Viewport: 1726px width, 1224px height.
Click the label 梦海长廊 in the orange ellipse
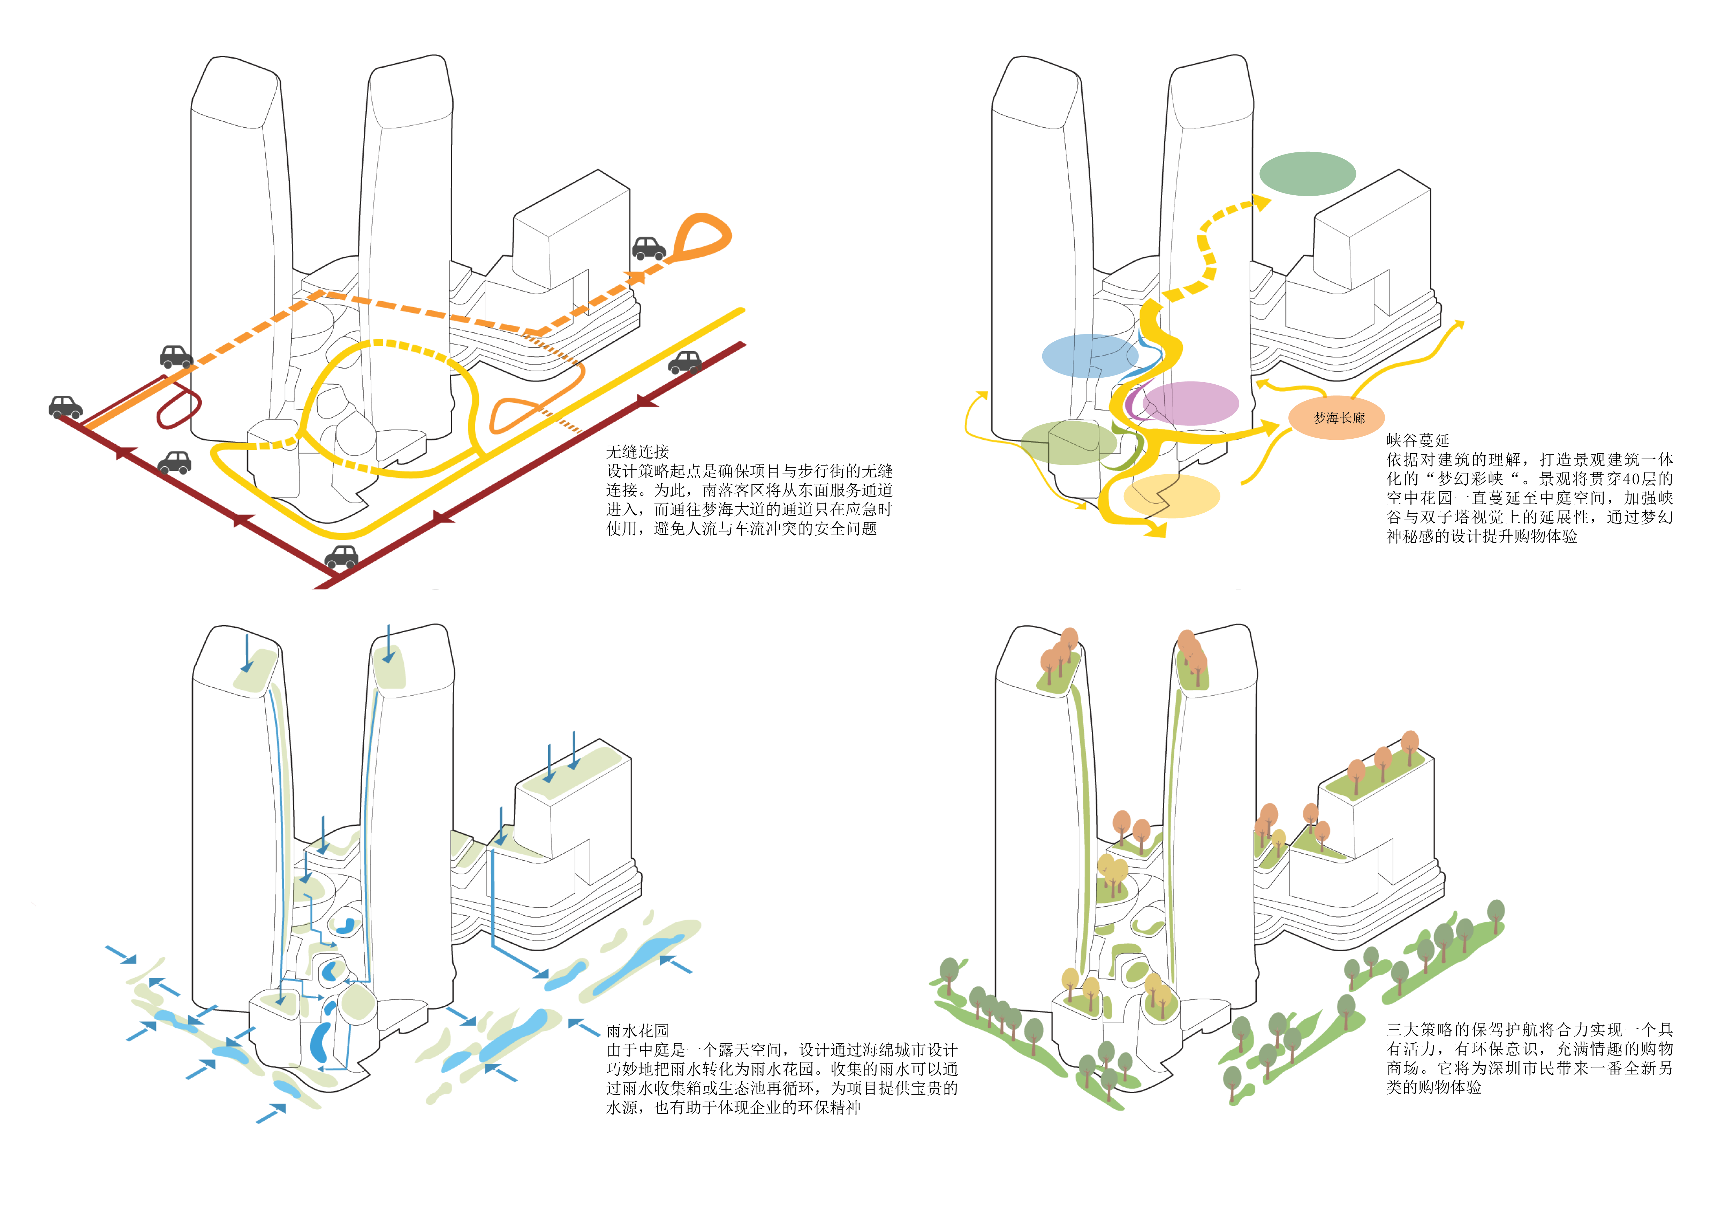1339,417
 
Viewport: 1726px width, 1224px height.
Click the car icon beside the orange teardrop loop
648,249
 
